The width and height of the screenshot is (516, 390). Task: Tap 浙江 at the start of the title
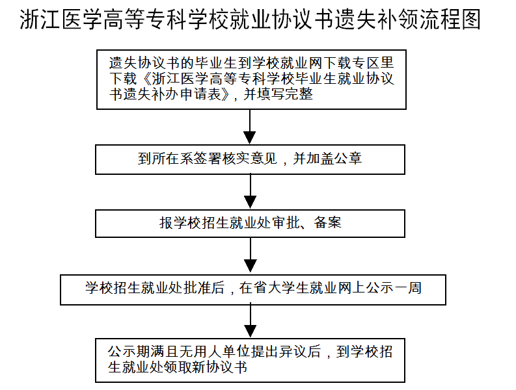(40, 19)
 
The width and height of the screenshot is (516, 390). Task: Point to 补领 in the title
(398, 19)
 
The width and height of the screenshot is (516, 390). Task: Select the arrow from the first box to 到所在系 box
(250, 127)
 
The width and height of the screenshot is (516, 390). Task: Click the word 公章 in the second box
(348, 159)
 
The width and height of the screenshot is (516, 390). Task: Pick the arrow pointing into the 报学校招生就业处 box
(250, 191)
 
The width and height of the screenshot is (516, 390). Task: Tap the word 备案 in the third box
(328, 222)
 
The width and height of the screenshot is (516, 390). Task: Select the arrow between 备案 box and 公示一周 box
(250, 255)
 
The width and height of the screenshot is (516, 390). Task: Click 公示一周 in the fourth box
(394, 288)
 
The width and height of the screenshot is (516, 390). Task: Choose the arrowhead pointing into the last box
(250, 331)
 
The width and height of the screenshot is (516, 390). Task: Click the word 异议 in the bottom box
(293, 351)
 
